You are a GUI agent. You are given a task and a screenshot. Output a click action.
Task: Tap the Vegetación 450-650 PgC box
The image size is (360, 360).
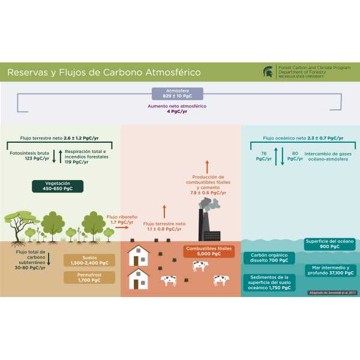coord(58,186)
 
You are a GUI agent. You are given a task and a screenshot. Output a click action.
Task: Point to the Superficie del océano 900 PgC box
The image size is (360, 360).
coord(329,244)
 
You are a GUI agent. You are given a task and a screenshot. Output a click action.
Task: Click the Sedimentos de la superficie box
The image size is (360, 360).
coord(268,282)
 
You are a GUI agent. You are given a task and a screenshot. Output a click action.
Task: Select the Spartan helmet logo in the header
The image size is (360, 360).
coord(267,72)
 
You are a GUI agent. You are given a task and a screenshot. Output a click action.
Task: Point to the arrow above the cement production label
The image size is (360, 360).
coord(208,166)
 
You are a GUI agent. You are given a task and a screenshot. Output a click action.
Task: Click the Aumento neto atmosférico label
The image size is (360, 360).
coord(178,109)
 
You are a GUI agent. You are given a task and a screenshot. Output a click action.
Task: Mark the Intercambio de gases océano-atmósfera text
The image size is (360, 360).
coord(328,157)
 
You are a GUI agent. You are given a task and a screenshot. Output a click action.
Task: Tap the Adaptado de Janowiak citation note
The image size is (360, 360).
coord(332,292)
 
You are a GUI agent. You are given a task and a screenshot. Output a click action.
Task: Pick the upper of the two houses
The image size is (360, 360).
coord(139,256)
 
